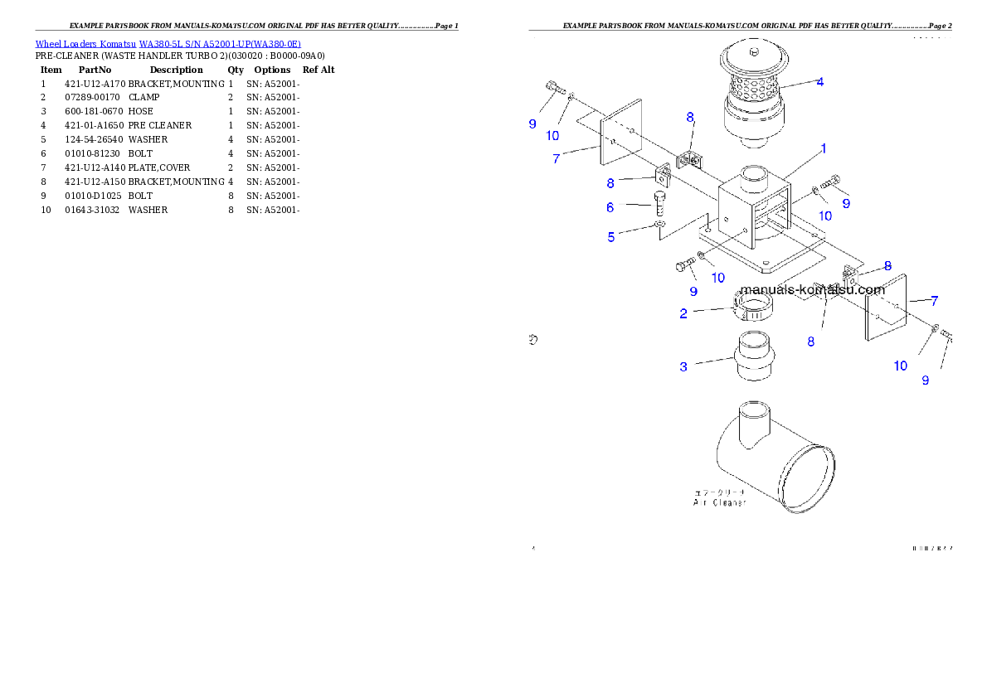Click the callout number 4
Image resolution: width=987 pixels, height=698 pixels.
point(819,81)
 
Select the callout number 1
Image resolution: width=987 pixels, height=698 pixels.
point(823,148)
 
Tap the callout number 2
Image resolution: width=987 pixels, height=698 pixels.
point(683,313)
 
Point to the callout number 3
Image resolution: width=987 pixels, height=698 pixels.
point(683,366)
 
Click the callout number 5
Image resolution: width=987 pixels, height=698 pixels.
point(611,237)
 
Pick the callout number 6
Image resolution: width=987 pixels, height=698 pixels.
point(610,207)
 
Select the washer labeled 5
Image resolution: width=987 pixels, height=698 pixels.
point(659,225)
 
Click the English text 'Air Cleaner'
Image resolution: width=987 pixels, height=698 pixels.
point(719,502)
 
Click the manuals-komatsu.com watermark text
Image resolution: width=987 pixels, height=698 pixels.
point(812,289)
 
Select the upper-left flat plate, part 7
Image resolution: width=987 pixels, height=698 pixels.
point(620,137)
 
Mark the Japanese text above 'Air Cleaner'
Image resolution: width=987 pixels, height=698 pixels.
point(719,492)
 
